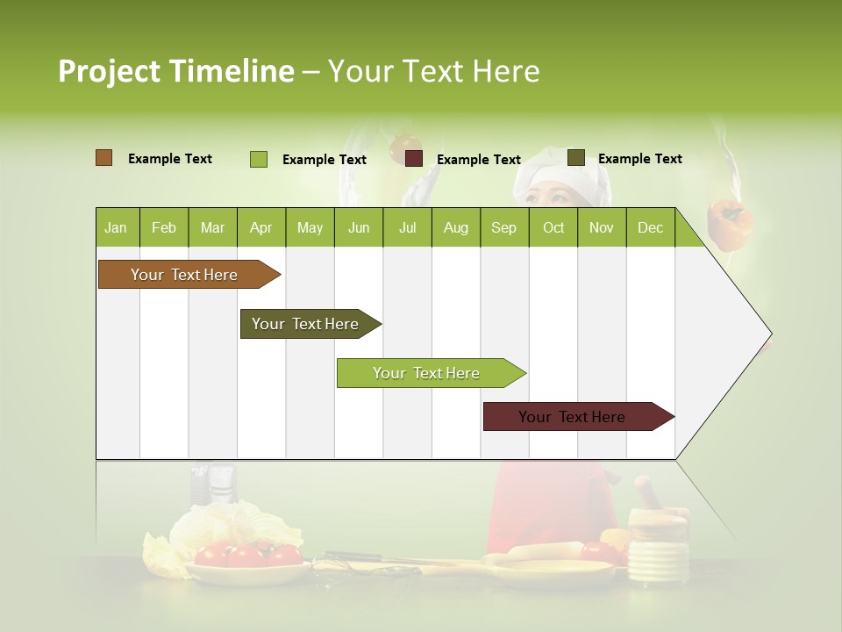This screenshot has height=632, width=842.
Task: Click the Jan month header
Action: pyautogui.click(x=117, y=228)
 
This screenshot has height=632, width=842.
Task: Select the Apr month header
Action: pyautogui.click(x=261, y=228)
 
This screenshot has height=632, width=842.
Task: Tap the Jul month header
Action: pyautogui.click(x=407, y=228)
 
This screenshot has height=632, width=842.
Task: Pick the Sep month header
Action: pyautogui.click(x=503, y=228)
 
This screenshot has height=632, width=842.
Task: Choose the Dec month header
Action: pyautogui.click(x=650, y=228)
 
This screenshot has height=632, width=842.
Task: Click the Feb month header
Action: pyautogui.click(x=164, y=228)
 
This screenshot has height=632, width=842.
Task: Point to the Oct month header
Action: pyautogui.click(x=553, y=228)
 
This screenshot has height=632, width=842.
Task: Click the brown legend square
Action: pyautogui.click(x=104, y=158)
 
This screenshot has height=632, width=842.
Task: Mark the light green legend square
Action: pyautogui.click(x=259, y=159)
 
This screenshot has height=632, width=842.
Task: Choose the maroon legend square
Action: pyautogui.click(x=414, y=159)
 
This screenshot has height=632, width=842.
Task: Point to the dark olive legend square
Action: pyautogui.click(x=576, y=158)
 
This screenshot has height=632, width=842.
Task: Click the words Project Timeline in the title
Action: pyautogui.click(x=176, y=71)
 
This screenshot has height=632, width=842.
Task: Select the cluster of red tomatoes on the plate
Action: pyautogui.click(x=247, y=554)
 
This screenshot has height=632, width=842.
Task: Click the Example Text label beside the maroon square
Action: pyautogui.click(x=479, y=160)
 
